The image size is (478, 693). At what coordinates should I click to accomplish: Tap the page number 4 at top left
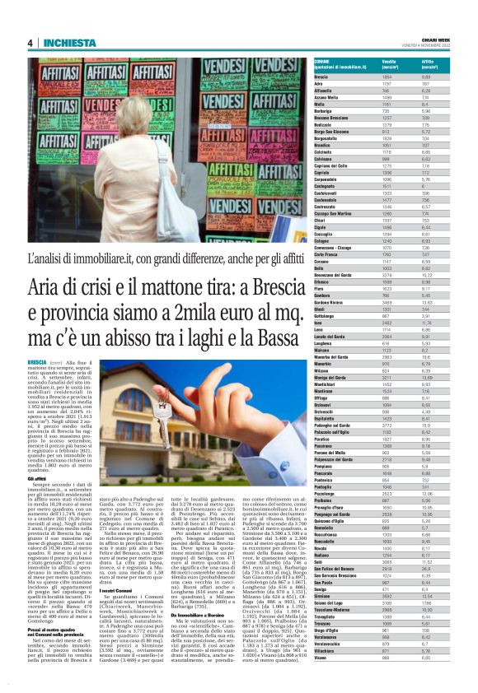[x=30, y=43]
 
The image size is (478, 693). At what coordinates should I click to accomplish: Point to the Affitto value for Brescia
[x=427, y=77]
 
